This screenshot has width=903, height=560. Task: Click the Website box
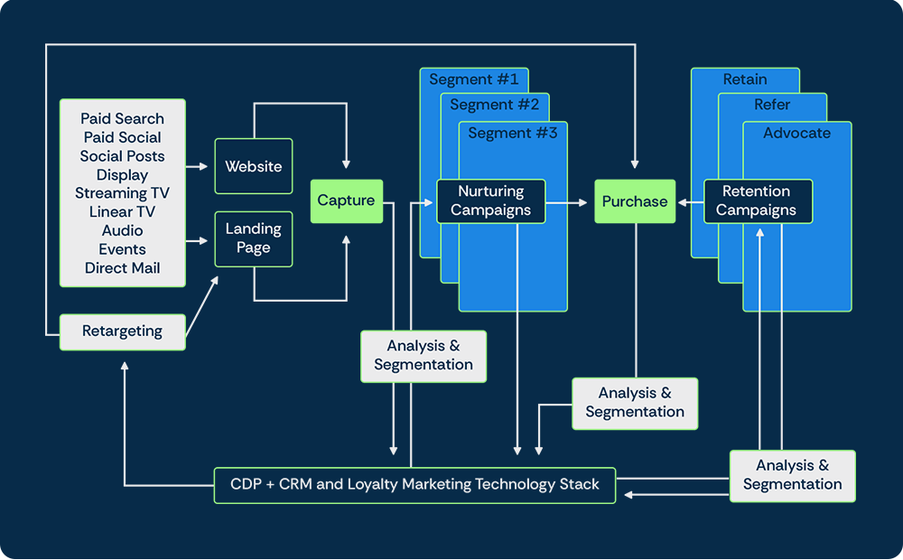(x=253, y=166)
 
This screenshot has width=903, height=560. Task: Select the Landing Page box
(x=253, y=238)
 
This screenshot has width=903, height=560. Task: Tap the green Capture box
(x=346, y=201)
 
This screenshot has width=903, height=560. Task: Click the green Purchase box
(x=634, y=201)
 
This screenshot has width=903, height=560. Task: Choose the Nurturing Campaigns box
(x=490, y=201)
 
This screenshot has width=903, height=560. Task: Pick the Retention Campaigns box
(x=757, y=201)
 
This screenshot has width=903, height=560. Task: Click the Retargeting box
(x=122, y=331)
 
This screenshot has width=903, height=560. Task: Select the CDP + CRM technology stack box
(x=414, y=484)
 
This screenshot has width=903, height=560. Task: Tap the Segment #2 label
(x=494, y=105)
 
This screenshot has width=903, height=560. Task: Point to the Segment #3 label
(x=512, y=134)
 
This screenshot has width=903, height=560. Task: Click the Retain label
(x=745, y=79)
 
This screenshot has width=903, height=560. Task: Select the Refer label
(x=772, y=105)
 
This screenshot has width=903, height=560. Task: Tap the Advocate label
(x=796, y=134)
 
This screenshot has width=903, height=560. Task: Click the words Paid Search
(x=122, y=118)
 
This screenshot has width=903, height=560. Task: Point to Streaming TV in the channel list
(x=122, y=193)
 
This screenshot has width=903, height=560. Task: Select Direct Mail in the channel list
(x=122, y=268)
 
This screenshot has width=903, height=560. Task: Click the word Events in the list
(x=122, y=249)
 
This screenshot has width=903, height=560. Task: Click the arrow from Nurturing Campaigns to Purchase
(x=569, y=203)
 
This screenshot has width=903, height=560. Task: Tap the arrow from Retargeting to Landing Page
(x=201, y=310)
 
